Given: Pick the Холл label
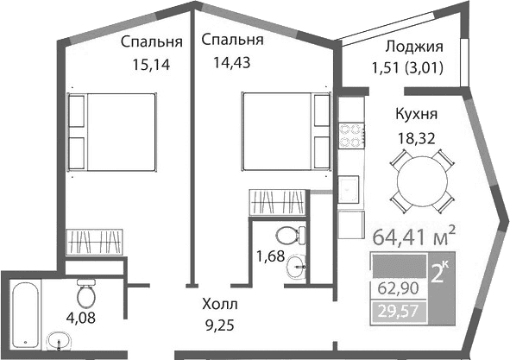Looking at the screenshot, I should [218, 305].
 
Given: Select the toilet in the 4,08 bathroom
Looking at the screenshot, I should [85, 296].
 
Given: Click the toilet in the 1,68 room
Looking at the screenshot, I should [286, 233].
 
